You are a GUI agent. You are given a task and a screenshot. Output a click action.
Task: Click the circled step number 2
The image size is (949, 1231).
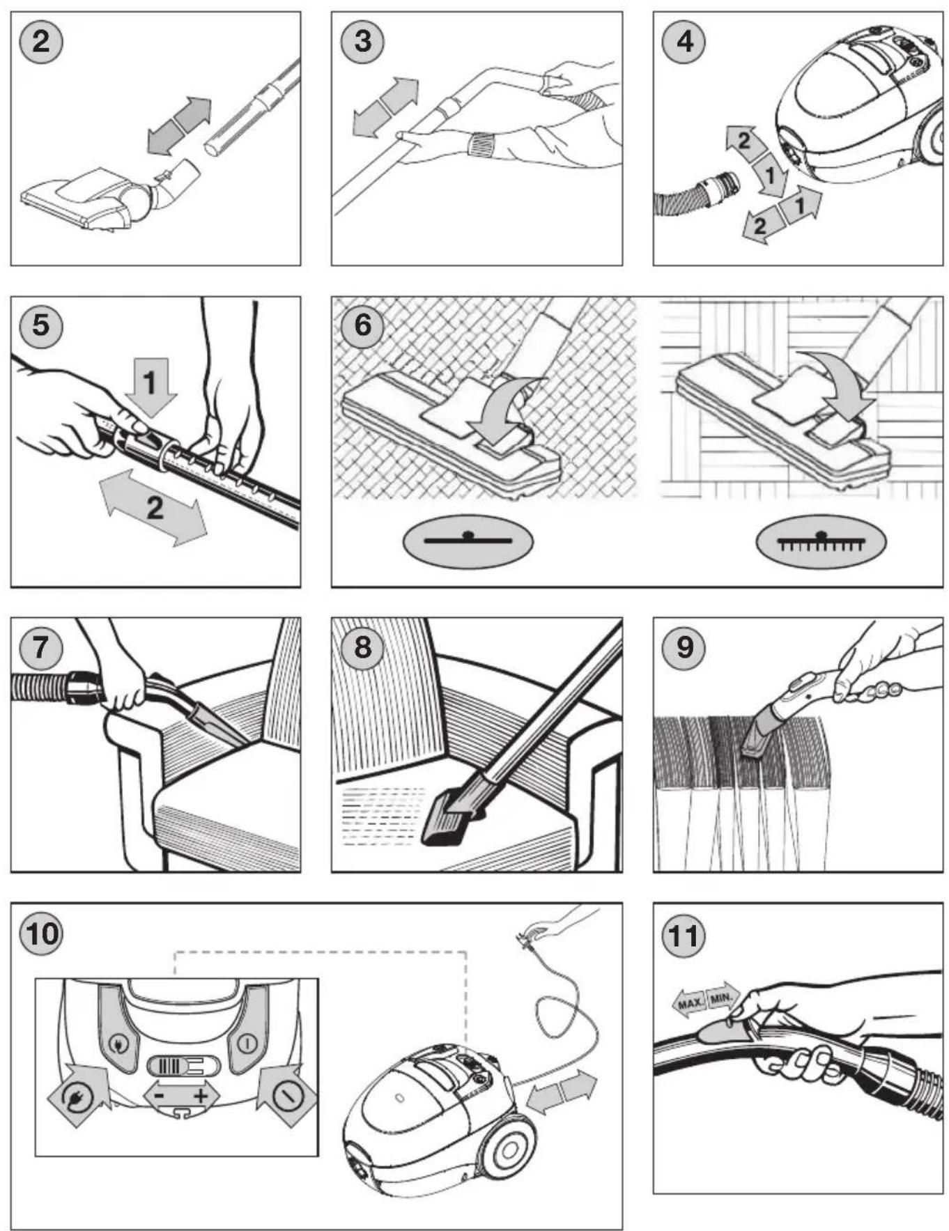pos(41,41)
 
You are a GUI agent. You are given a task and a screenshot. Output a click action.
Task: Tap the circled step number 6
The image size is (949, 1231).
pos(362,325)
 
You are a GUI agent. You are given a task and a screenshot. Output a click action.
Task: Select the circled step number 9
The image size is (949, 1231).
pos(684,647)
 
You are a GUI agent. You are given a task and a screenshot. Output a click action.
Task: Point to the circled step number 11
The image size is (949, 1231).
pos(684,935)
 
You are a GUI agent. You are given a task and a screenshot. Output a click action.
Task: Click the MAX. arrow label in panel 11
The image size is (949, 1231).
pos(689,1004)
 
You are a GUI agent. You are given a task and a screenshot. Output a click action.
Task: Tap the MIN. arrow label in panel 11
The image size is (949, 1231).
pos(722,998)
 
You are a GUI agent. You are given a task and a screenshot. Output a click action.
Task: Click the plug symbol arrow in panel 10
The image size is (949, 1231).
pos(79,1094)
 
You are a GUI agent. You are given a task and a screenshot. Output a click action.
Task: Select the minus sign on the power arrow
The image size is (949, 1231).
pos(160,1095)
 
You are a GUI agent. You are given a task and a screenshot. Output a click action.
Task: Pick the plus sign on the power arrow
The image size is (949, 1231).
pos(201,1095)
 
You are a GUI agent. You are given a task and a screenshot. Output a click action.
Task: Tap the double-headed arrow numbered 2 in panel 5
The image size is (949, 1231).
pos(154,507)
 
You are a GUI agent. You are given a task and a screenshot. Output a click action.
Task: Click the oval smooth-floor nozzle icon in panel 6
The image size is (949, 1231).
pos(468,540)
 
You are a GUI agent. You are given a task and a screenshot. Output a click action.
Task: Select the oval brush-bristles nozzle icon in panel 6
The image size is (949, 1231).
pos(821,541)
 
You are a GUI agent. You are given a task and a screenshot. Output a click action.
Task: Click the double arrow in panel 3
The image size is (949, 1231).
pos(385,106)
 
